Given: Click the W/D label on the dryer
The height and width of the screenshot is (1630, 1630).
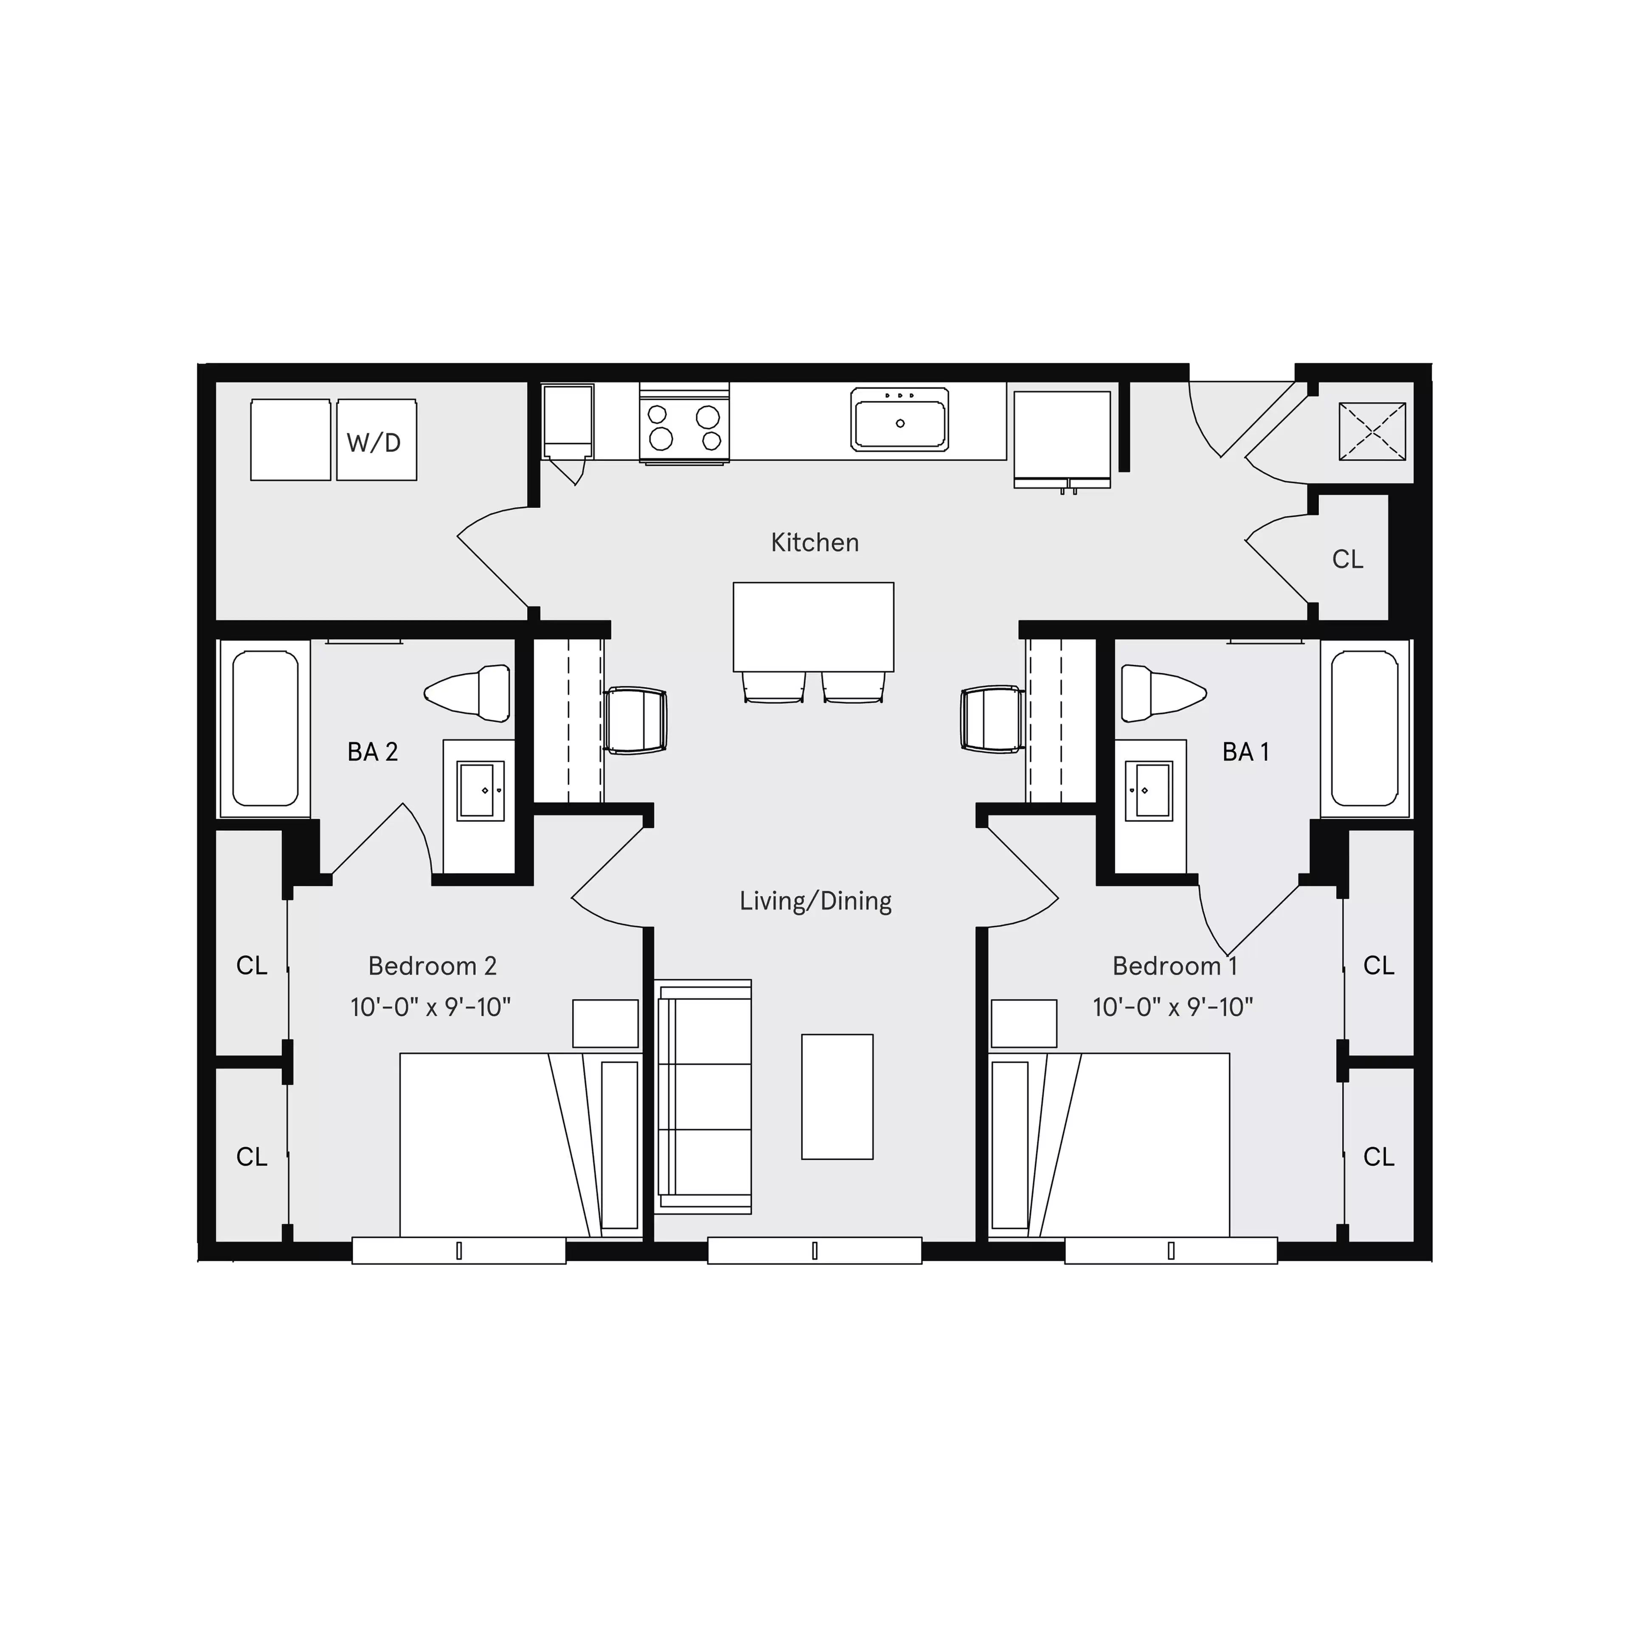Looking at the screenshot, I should tap(374, 442).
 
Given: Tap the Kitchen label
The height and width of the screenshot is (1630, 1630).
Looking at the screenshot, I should tap(814, 542).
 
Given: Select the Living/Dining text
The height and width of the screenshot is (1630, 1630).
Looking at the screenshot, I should tap(815, 901).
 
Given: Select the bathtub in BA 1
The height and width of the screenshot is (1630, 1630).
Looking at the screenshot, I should tap(1364, 728).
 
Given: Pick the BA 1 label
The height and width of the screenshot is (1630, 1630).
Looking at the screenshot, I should tap(1245, 752).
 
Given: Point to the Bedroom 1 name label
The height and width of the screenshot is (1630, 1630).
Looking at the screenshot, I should tap(1175, 966).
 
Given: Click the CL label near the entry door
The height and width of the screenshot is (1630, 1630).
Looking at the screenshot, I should tap(1347, 559).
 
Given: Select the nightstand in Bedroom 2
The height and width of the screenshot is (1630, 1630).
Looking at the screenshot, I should tap(605, 1023).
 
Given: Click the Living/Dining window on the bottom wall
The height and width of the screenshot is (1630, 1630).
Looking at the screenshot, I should tap(814, 1251).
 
